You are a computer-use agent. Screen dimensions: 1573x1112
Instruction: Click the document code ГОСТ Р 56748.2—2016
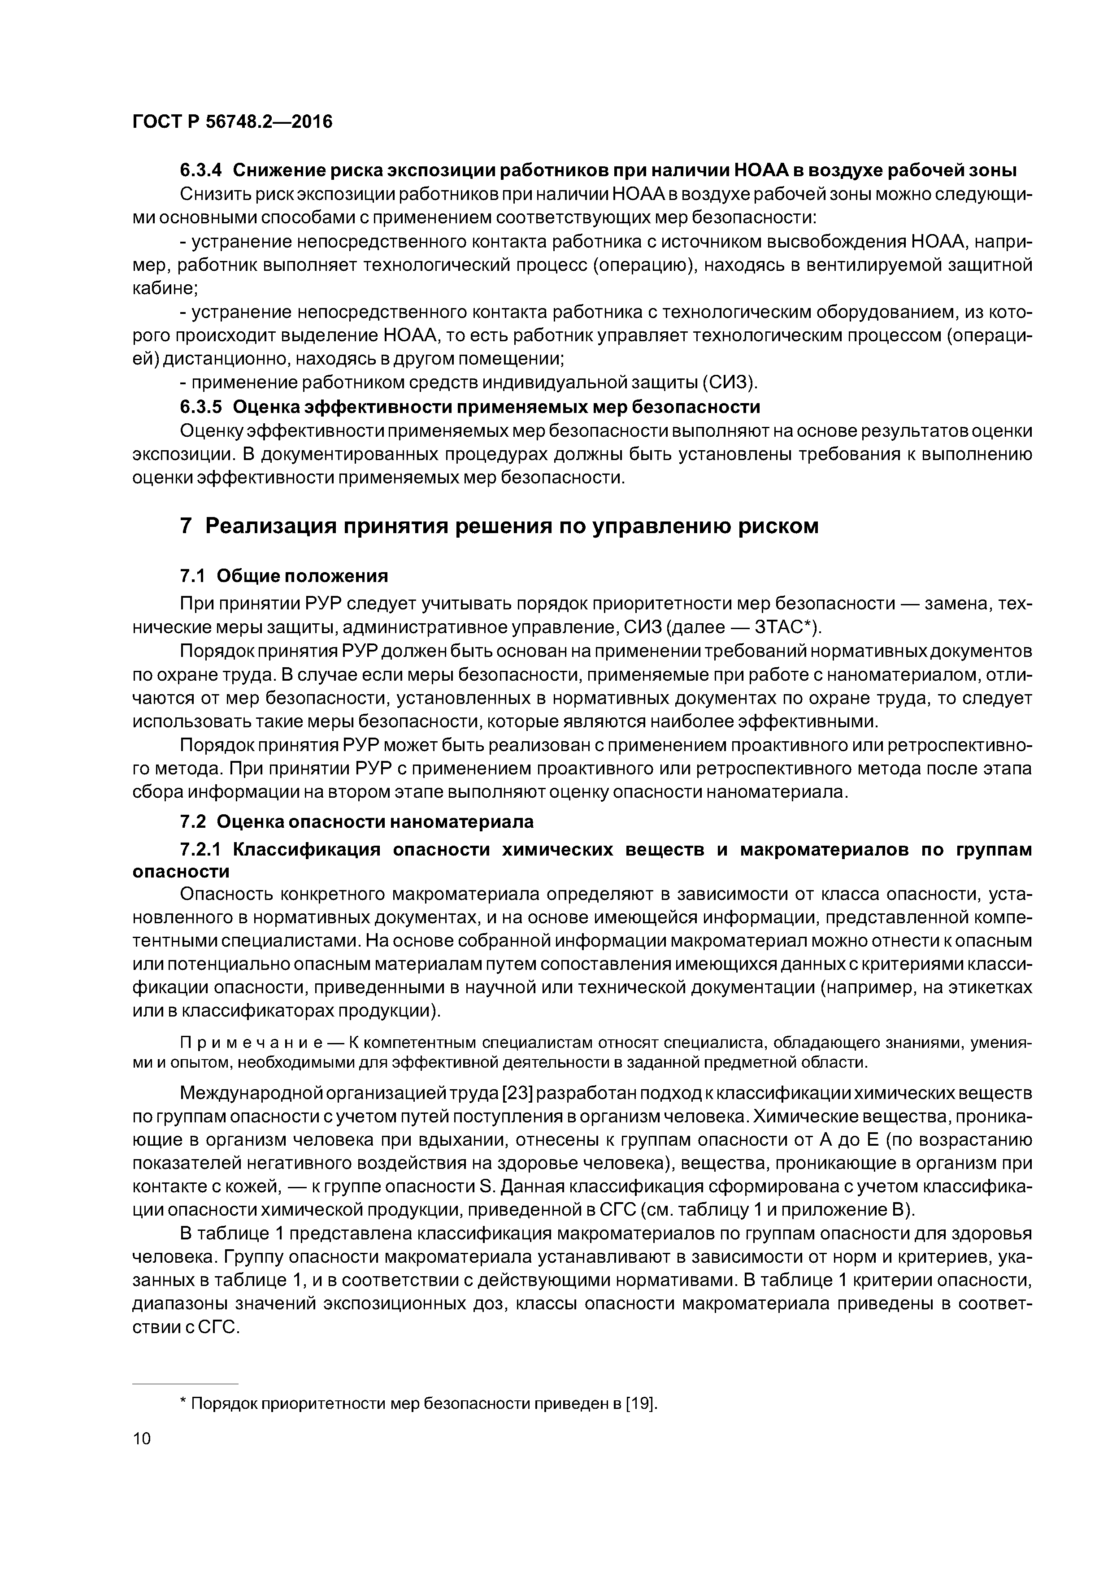[x=231, y=122]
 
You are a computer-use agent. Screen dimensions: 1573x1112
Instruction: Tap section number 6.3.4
[x=201, y=170]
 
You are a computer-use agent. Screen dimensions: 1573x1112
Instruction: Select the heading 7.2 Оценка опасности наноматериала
[x=356, y=821]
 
